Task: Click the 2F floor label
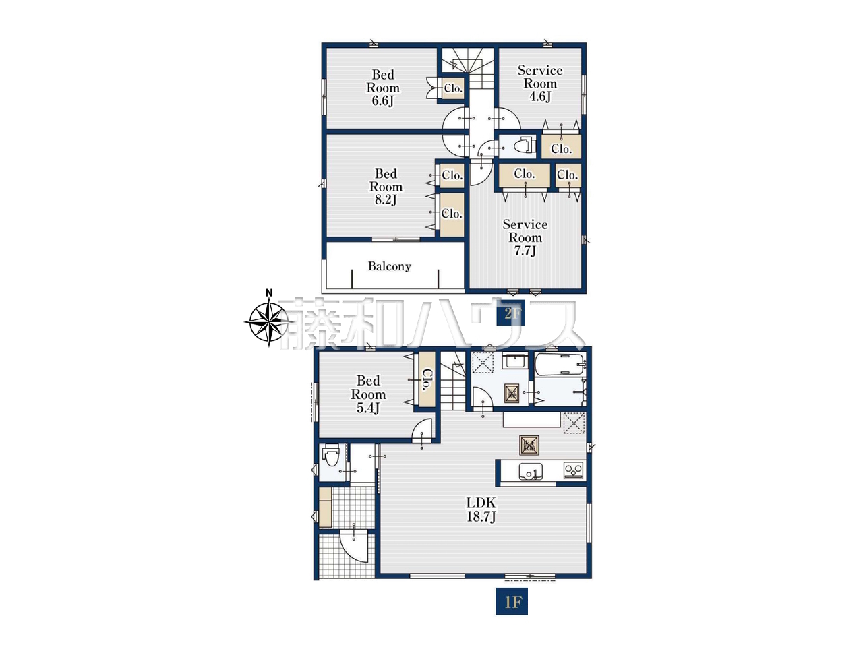(510, 313)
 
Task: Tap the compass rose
(269, 322)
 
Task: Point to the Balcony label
(389, 266)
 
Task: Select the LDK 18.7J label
(481, 509)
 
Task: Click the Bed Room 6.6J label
(382, 88)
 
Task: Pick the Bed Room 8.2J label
(386, 187)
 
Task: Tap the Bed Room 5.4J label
(368, 394)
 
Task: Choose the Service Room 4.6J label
(540, 84)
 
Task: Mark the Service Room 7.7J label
(525, 237)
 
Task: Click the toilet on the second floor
(525, 146)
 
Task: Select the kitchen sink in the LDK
(531, 470)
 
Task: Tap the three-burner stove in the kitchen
(573, 470)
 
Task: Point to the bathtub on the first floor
(560, 364)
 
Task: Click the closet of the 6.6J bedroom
(453, 88)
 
